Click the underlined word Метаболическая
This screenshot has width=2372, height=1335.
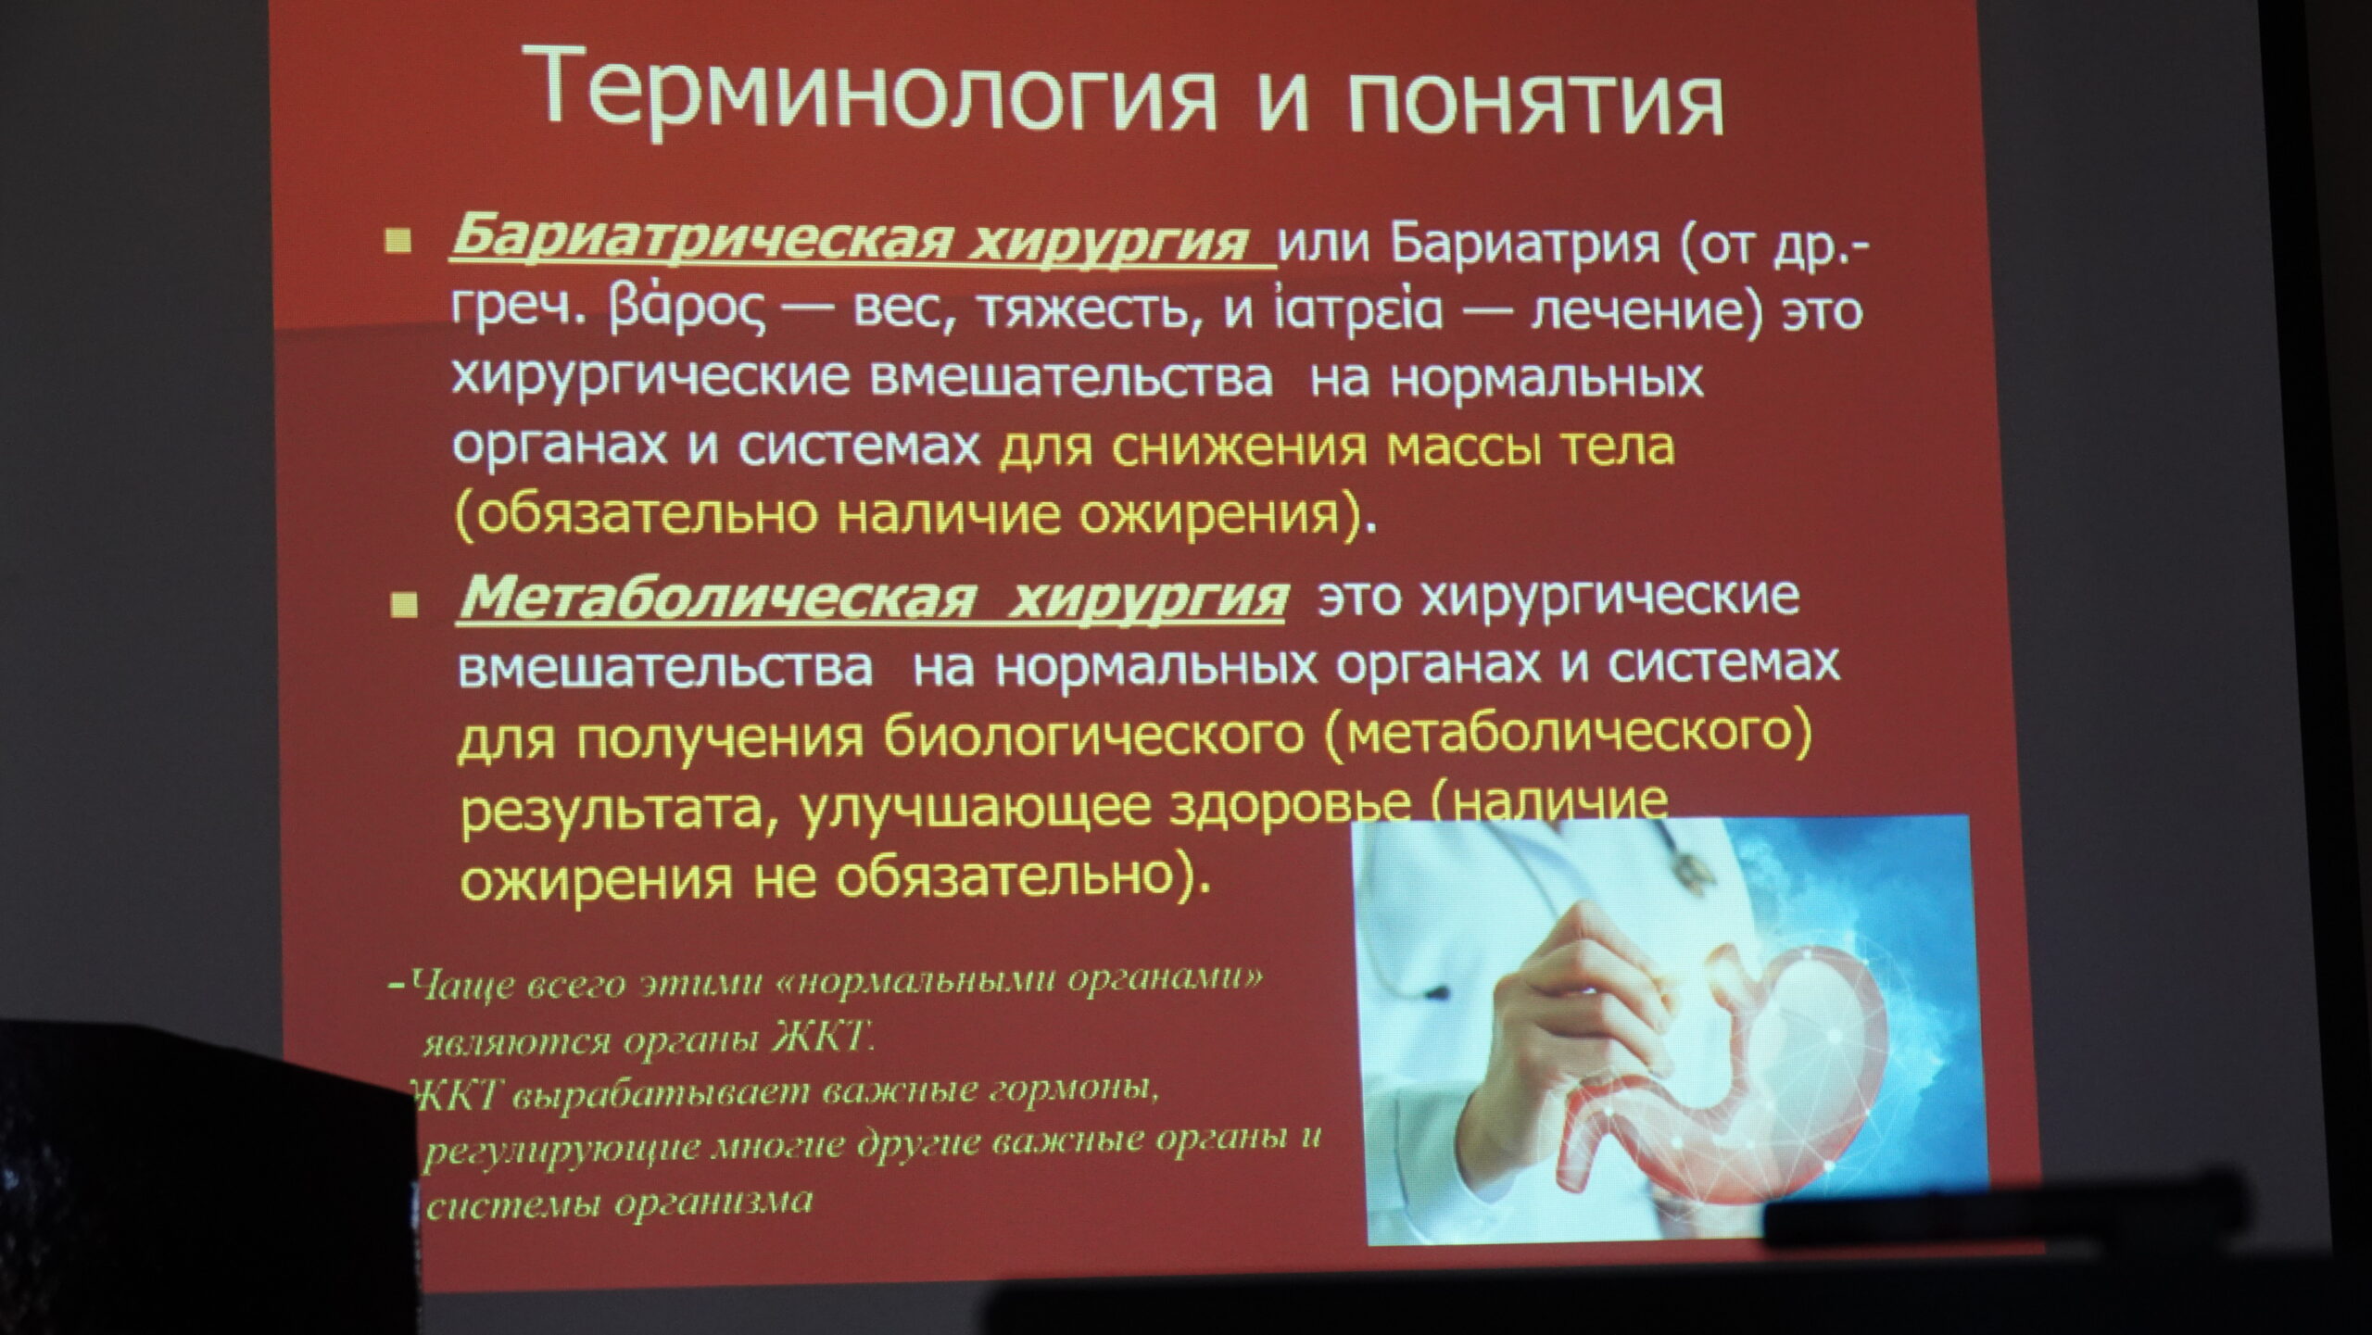click(718, 597)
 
